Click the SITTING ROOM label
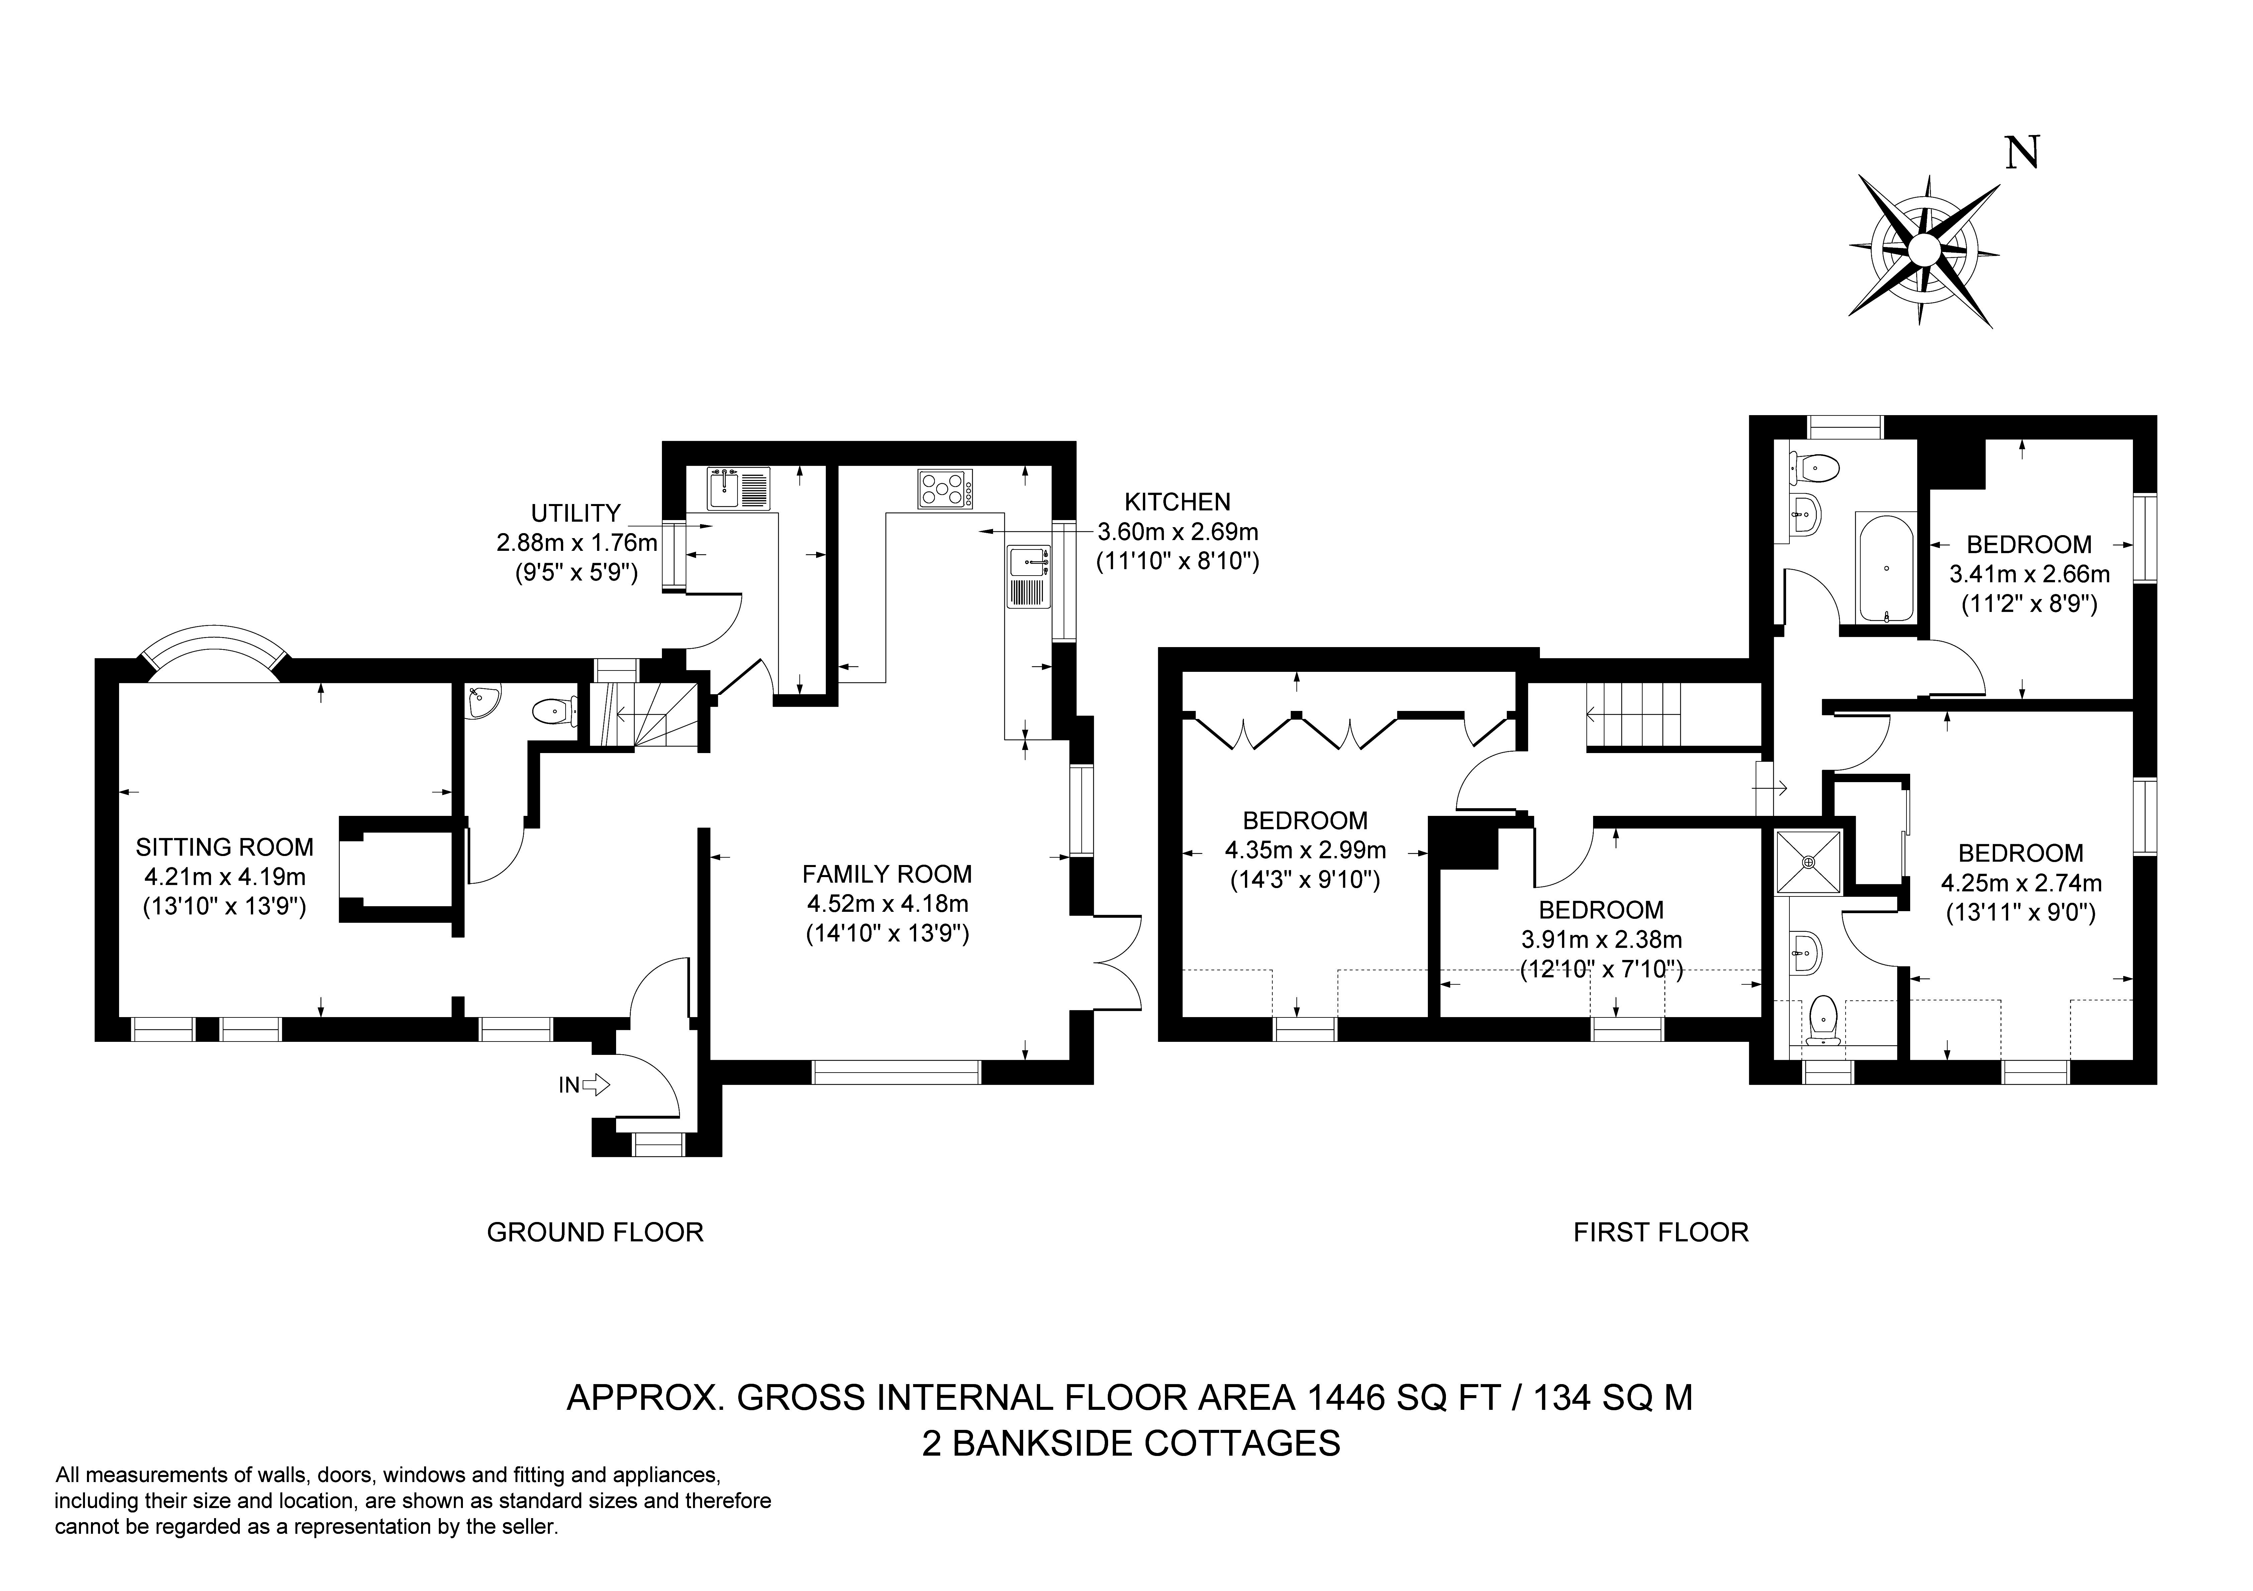(x=225, y=847)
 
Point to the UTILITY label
(x=576, y=513)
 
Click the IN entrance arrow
(x=595, y=1085)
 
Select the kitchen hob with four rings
(x=945, y=488)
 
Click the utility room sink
(x=724, y=488)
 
